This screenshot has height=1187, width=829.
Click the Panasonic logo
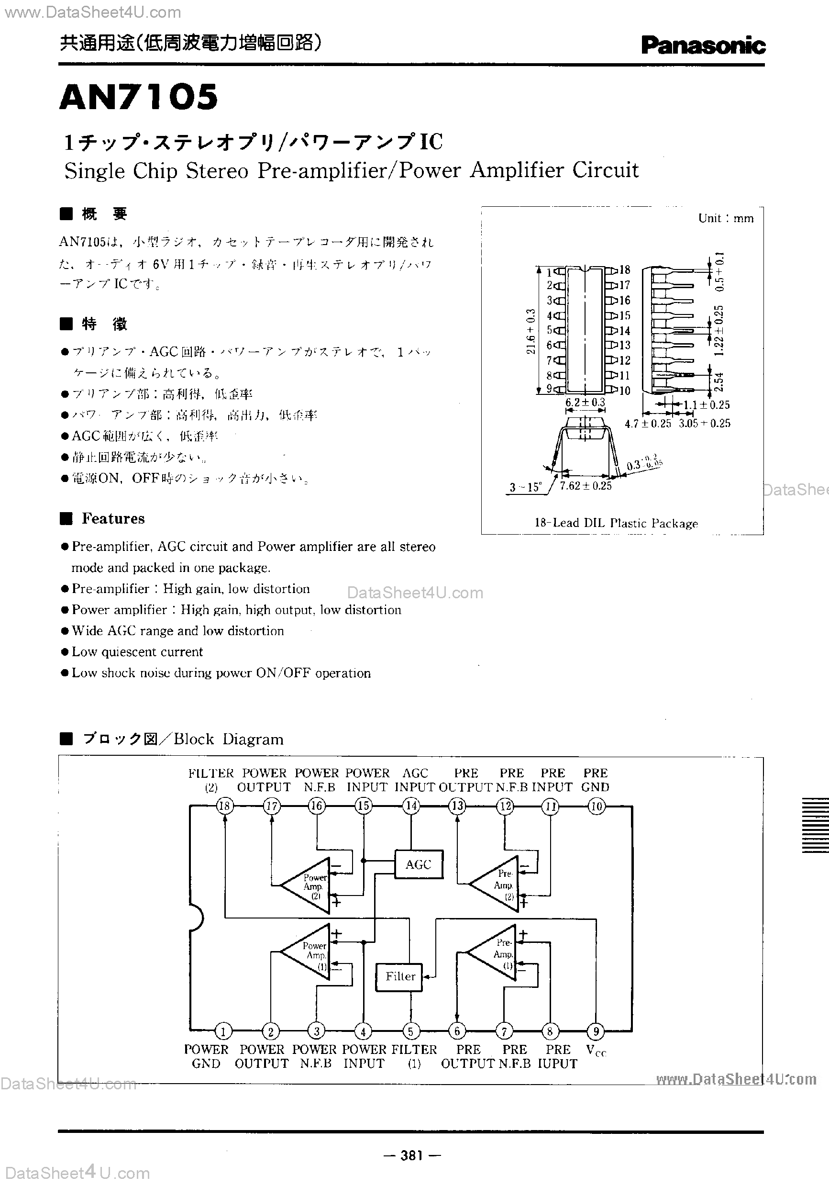[x=703, y=45]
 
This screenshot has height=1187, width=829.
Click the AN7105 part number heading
[x=139, y=97]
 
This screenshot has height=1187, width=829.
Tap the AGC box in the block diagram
[x=419, y=864]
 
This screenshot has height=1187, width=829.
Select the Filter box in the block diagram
[x=400, y=976]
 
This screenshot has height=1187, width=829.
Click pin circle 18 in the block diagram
[x=225, y=806]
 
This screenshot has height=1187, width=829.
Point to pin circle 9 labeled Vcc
[x=596, y=1032]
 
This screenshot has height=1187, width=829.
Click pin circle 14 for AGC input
[x=411, y=806]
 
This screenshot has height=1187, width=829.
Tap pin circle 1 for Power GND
[x=223, y=1032]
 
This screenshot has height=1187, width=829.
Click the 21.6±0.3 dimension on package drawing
[x=531, y=332]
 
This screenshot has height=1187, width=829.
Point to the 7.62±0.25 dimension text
[x=586, y=486]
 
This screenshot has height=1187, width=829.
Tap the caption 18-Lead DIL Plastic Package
[x=616, y=523]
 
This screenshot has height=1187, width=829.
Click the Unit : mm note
[x=726, y=218]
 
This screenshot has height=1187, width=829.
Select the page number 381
[x=412, y=1155]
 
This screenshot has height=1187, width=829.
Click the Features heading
[x=113, y=518]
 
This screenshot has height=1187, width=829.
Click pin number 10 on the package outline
[x=624, y=391]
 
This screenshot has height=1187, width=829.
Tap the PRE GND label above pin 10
[x=596, y=780]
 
